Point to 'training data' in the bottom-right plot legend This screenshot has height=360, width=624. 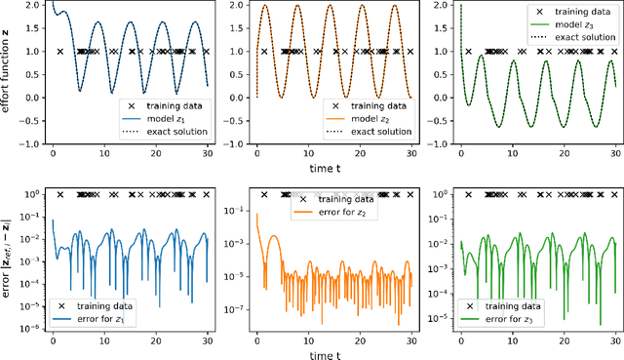coord(514,305)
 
